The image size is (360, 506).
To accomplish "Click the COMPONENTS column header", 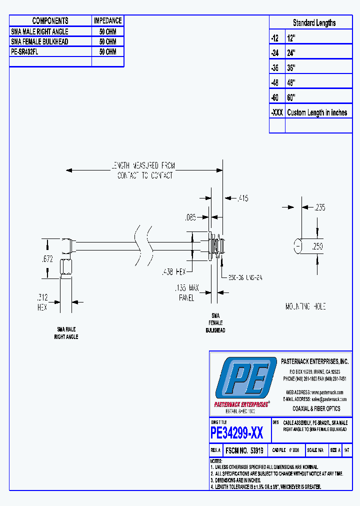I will [x=50, y=20].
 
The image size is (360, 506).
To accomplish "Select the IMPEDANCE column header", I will [x=107, y=20].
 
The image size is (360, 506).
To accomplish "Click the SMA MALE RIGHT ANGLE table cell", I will [x=39, y=31].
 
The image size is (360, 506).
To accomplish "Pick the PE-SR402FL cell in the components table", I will [x=24, y=51].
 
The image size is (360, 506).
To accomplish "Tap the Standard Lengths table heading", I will [x=314, y=23].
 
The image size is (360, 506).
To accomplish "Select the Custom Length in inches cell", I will [x=317, y=112].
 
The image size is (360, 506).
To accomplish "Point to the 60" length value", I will [x=292, y=97].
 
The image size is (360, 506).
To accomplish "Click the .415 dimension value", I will [x=242, y=198].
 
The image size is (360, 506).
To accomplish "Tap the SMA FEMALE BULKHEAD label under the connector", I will [x=215, y=323].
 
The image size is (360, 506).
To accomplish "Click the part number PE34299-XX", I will [x=236, y=432].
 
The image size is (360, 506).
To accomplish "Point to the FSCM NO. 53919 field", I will [x=244, y=450].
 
